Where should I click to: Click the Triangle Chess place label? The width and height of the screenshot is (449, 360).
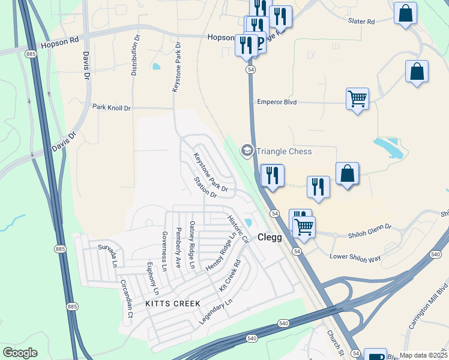tap(284, 151)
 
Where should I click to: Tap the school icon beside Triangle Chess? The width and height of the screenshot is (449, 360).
tap(247, 151)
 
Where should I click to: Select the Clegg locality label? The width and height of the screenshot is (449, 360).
tap(270, 237)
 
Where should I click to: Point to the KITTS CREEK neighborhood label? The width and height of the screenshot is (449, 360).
tap(173, 304)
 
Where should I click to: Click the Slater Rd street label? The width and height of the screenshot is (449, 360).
tap(361, 21)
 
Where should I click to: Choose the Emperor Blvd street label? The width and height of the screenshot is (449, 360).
tap(277, 101)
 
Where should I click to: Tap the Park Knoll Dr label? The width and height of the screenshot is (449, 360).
tap(111, 107)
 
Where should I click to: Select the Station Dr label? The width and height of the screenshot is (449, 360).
tap(205, 187)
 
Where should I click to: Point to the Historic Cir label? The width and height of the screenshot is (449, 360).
tap(238, 229)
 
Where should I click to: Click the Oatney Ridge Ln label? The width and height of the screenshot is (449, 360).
tap(192, 245)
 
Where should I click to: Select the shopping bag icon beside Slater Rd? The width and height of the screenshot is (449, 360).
tap(405, 13)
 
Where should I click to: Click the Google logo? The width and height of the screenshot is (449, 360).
tap(20, 353)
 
